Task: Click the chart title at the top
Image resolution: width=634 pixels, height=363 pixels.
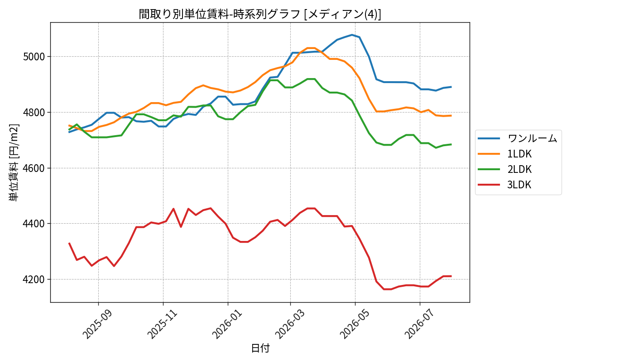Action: [x=260, y=14]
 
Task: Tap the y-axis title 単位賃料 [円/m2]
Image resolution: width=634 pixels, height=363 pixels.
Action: [x=14, y=163]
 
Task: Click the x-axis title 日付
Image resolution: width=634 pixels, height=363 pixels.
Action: [x=260, y=348]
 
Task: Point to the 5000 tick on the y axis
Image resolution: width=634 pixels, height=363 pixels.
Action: [x=34, y=57]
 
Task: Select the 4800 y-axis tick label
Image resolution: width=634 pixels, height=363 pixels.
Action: [x=34, y=113]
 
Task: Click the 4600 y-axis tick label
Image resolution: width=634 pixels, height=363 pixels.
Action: [x=34, y=168]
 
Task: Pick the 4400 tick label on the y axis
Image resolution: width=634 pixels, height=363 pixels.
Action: [x=34, y=224]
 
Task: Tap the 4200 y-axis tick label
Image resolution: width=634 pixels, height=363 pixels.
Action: [x=34, y=280]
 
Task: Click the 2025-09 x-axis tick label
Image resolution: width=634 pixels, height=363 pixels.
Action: [x=97, y=324]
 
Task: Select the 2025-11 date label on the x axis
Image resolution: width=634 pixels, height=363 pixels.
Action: [x=162, y=324]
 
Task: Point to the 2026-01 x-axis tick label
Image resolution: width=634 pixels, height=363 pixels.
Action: [x=227, y=324]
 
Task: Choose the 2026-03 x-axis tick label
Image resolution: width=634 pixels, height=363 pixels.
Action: [x=289, y=324]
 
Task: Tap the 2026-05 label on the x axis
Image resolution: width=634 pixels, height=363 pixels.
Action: [x=354, y=324]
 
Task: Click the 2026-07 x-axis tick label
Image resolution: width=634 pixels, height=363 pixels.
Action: [x=419, y=324]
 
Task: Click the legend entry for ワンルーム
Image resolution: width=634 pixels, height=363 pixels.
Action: [x=517, y=138]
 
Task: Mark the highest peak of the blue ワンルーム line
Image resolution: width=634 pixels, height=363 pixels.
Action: [x=352, y=35]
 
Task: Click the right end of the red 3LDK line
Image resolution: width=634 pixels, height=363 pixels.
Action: [x=451, y=276]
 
